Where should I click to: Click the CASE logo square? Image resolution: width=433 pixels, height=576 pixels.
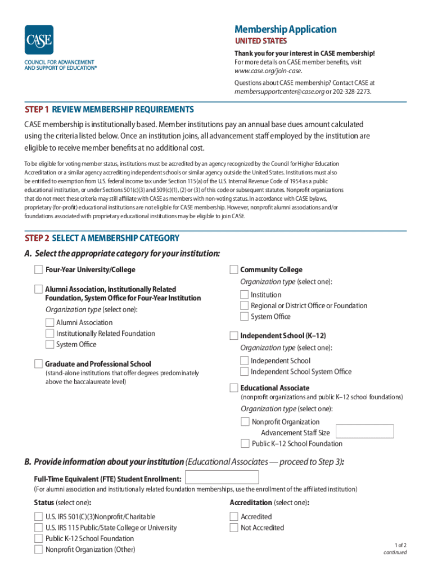[39, 40]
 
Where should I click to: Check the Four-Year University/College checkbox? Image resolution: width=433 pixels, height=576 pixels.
[38, 269]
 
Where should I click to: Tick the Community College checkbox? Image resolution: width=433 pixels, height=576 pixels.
[233, 269]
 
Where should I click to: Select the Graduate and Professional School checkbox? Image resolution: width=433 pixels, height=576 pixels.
[38, 363]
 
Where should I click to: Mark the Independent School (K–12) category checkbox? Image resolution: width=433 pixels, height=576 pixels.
[233, 335]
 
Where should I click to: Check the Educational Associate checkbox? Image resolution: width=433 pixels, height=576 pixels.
[233, 388]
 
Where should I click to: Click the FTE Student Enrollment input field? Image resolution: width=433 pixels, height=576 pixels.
[222, 478]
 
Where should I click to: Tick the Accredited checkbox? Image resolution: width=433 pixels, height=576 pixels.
[234, 516]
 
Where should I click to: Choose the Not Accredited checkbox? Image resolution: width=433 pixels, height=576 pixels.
[234, 528]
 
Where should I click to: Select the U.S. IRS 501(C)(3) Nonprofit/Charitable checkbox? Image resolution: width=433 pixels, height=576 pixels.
[38, 516]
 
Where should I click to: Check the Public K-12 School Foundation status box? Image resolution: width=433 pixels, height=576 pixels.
[38, 538]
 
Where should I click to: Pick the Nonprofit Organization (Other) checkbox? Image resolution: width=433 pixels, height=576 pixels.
[38, 549]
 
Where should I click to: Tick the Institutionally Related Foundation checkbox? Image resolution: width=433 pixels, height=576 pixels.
[49, 334]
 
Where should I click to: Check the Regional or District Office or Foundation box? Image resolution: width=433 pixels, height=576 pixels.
[244, 305]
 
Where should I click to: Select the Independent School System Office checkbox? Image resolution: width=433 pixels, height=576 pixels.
[244, 371]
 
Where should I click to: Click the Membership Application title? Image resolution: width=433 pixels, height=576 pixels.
[285, 29]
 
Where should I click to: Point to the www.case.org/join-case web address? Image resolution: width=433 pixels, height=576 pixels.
[268, 71]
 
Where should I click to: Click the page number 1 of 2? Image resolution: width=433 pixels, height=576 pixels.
[400, 544]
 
